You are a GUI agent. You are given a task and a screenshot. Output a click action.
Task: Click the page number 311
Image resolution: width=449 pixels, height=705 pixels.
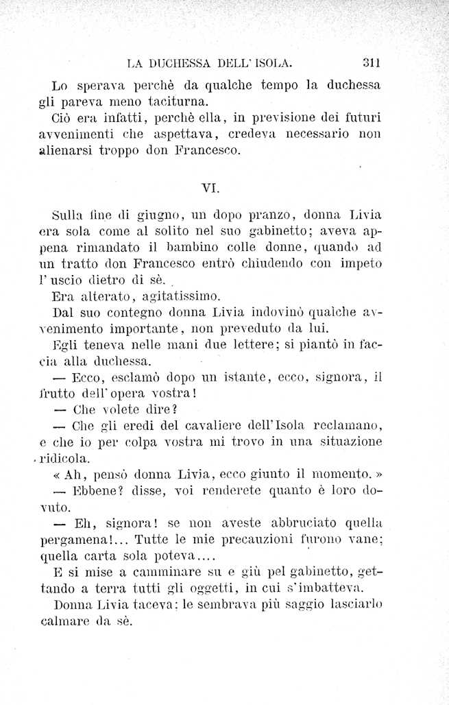(x=371, y=63)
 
